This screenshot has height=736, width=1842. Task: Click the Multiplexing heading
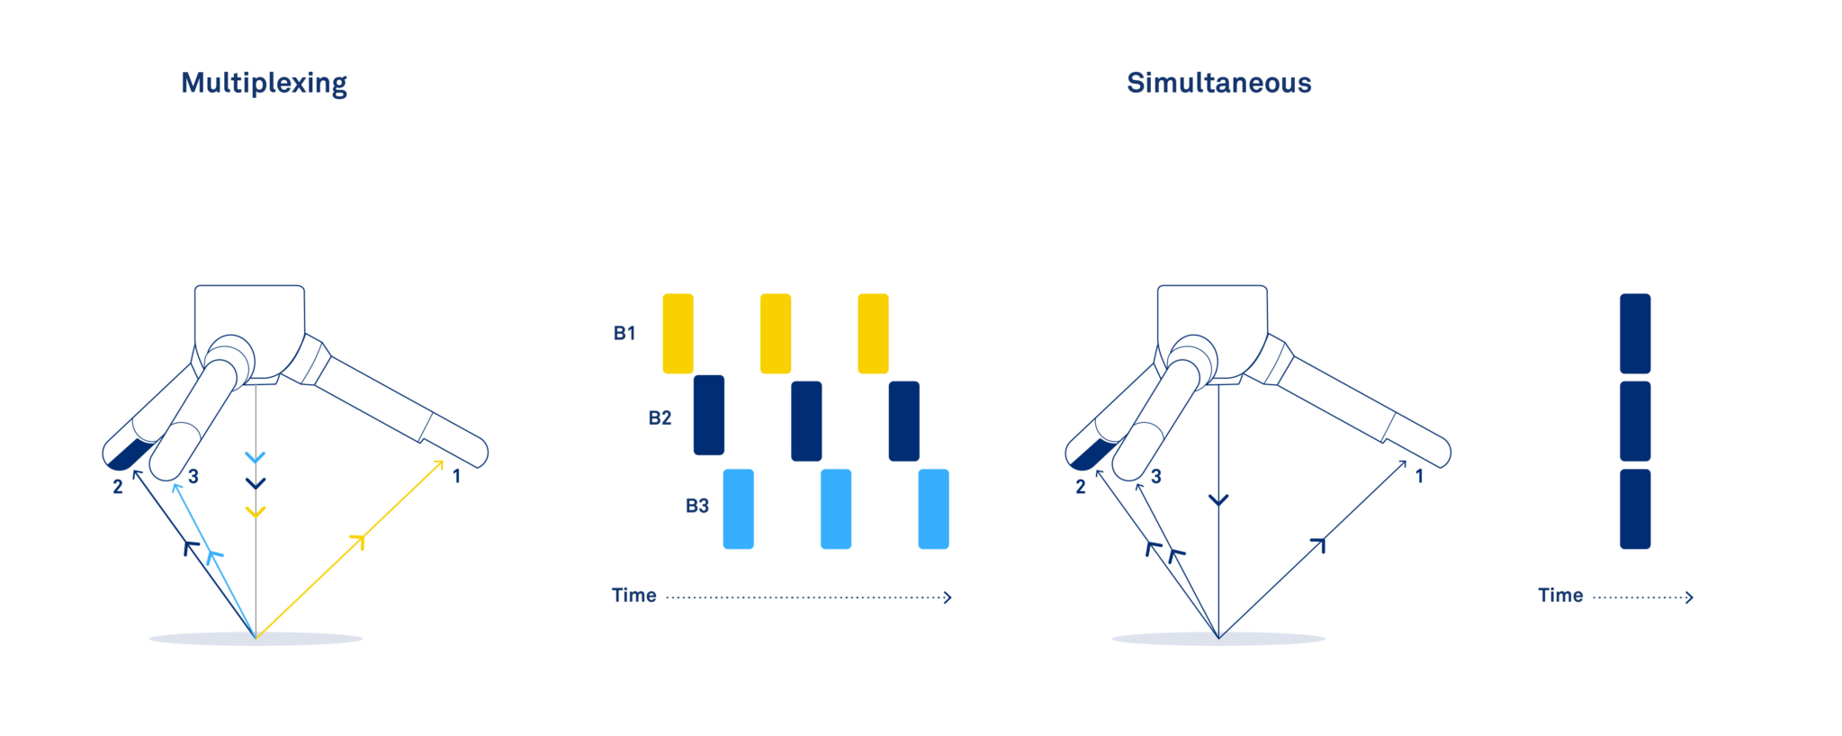[264, 83]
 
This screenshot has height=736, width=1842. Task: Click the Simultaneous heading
[1218, 83]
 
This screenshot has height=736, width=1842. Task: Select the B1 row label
[624, 333]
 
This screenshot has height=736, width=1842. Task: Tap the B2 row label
[660, 417]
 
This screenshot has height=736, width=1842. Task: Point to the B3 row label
[697, 506]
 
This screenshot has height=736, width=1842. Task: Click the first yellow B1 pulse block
[678, 333]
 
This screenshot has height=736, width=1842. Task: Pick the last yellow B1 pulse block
[873, 333]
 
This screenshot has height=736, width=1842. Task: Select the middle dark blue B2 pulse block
[806, 421]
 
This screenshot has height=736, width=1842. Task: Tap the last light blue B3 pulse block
[933, 508]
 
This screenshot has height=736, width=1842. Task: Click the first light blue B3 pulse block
[739, 508]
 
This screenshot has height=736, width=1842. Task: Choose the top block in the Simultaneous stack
[1635, 333]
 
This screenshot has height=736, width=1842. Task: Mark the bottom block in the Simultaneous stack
[1635, 508]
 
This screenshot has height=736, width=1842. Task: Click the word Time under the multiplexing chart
[634, 596]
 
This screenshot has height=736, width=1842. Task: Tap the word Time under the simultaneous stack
[1560, 596]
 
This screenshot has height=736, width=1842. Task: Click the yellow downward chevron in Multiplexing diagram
[256, 512]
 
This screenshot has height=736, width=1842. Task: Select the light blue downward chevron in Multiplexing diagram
[256, 458]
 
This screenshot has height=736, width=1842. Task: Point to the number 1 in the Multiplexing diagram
[457, 476]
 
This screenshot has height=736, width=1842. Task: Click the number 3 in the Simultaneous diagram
[1156, 476]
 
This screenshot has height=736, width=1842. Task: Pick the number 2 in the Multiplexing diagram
[118, 487]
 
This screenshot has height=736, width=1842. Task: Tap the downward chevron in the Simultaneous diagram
[1218, 500]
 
